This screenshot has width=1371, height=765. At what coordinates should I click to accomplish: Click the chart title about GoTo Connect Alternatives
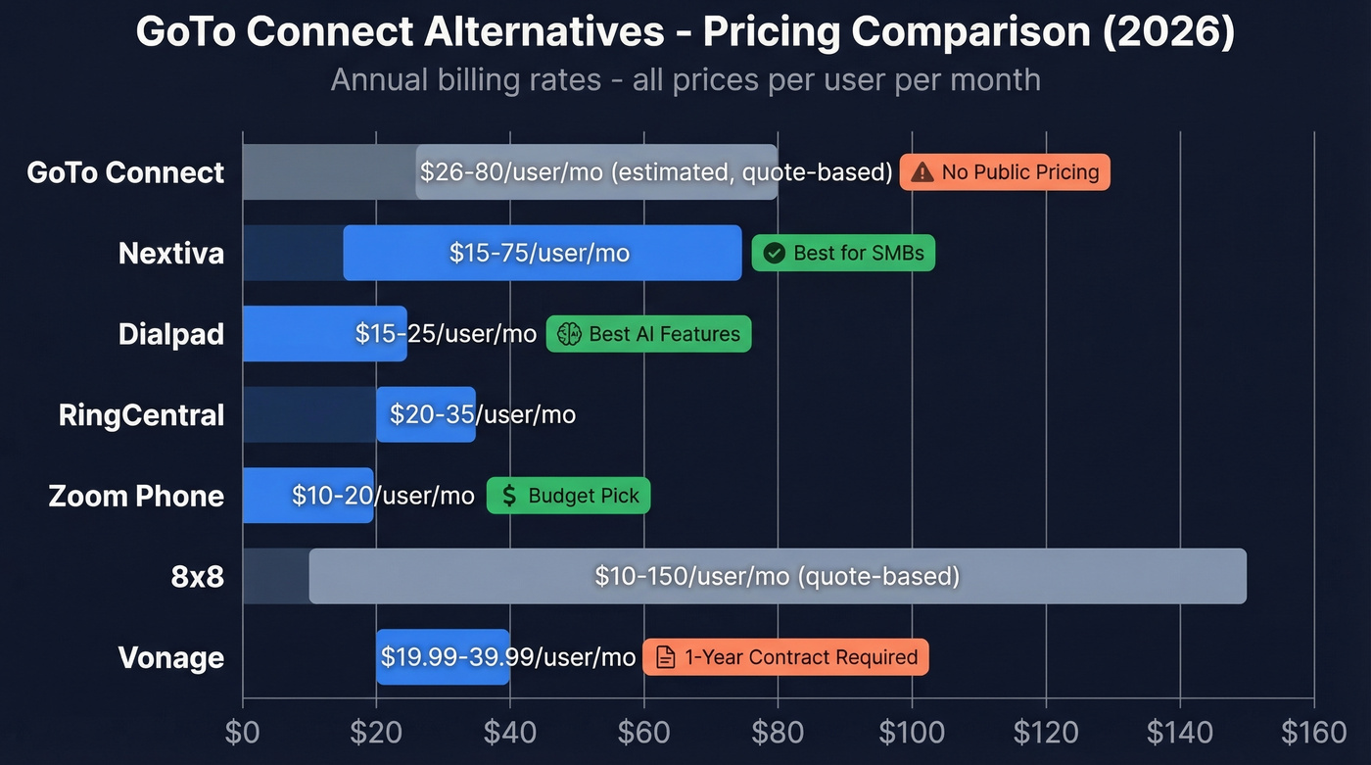point(685,32)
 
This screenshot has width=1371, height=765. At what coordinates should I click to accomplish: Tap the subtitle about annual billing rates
point(685,79)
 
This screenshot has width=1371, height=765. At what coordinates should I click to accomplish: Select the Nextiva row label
point(171,254)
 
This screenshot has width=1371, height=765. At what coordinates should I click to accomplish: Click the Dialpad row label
point(171,334)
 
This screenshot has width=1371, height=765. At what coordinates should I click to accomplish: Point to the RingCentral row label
point(141,415)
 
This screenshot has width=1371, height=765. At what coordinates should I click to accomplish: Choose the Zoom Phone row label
point(136,496)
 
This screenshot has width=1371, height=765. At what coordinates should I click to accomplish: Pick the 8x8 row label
point(198,576)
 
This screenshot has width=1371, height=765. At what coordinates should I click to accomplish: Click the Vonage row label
point(171,657)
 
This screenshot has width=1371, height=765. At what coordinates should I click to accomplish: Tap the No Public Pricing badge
point(1005,172)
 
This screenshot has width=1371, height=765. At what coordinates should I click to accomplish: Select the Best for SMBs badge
point(843,254)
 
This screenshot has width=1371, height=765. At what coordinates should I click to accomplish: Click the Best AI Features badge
point(648,334)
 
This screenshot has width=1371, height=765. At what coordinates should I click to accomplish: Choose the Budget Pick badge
point(568,496)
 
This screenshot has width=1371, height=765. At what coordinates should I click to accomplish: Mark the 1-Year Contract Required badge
point(785,657)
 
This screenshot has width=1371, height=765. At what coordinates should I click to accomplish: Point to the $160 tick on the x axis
point(1313,733)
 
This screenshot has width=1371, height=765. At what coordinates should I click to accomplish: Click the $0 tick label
point(243,733)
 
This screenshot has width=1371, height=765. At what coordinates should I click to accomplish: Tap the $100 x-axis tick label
point(912,733)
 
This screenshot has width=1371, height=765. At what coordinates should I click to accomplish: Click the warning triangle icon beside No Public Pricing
point(922,173)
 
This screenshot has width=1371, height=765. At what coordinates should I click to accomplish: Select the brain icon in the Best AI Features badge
point(569,334)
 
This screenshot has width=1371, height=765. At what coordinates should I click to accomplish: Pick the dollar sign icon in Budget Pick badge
point(509,496)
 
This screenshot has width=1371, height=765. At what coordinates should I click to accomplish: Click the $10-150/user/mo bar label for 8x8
point(777,576)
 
